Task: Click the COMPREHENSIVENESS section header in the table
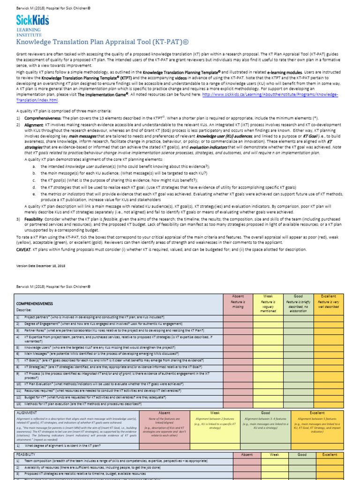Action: click(x=35, y=304)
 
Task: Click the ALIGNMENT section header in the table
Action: click(x=29, y=412)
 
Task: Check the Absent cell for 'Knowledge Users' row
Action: click(x=238, y=348)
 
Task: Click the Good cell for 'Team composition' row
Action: click(x=302, y=462)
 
